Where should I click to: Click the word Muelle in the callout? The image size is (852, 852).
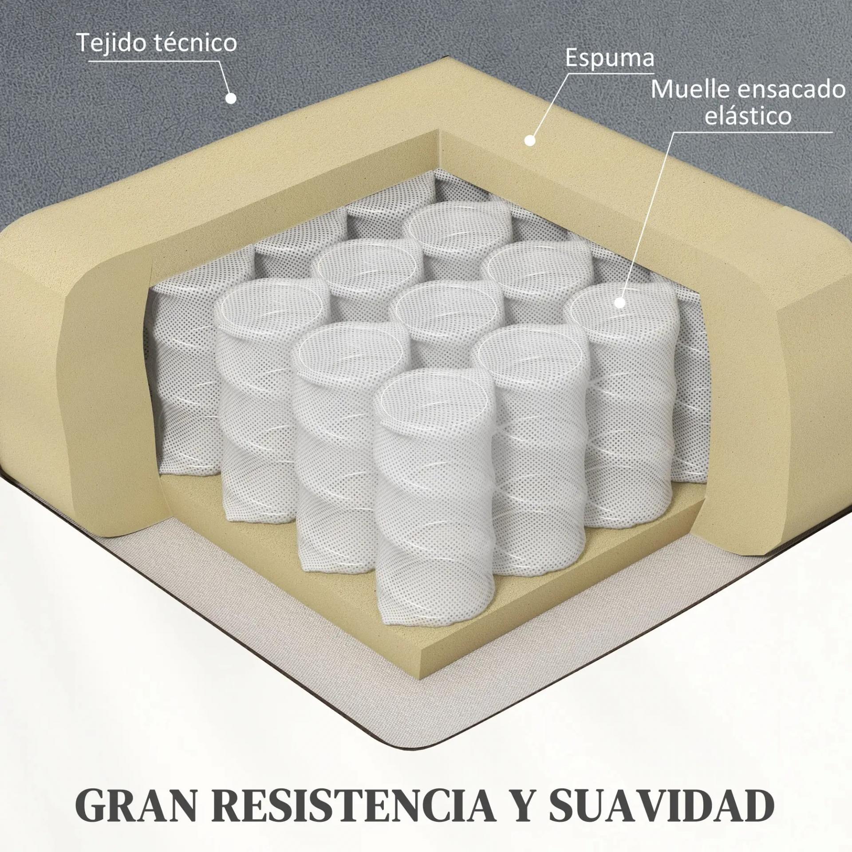[690, 90]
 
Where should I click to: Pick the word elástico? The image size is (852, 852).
[748, 116]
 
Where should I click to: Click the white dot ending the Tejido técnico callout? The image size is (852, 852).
[230, 99]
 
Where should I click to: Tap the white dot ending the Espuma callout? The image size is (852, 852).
[529, 141]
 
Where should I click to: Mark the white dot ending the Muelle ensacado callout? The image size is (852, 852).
[619, 303]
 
